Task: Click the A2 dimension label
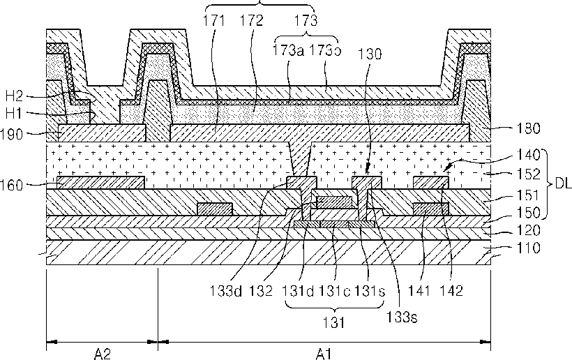(102, 354)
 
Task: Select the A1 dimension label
(323, 354)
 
